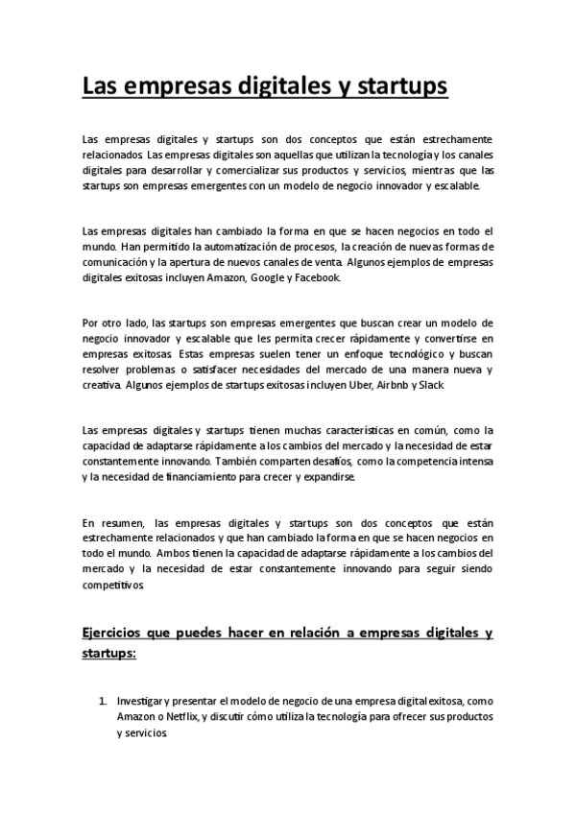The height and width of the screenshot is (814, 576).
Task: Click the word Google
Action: [269, 277]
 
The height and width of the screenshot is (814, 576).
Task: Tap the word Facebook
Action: [315, 277]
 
